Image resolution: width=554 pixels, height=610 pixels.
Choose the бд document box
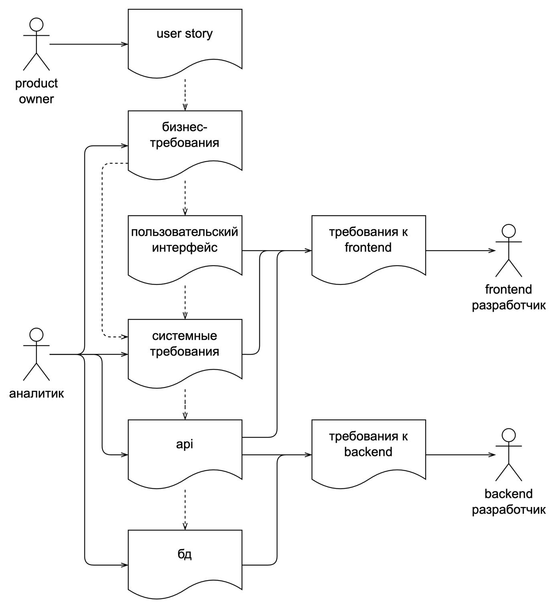[x=185, y=561]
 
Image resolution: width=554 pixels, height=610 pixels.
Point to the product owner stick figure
[x=37, y=44]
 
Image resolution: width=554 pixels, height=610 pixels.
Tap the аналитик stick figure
[x=37, y=354]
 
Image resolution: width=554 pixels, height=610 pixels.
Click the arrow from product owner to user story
[x=88, y=44]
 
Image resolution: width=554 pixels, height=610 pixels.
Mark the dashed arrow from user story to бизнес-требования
[x=185, y=95]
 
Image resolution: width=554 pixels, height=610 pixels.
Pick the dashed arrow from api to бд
[x=185, y=509]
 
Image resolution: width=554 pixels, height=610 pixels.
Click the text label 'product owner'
[x=37, y=91]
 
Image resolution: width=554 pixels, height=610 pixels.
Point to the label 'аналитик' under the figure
[x=37, y=393]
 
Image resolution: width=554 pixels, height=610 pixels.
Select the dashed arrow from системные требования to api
[x=185, y=404]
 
